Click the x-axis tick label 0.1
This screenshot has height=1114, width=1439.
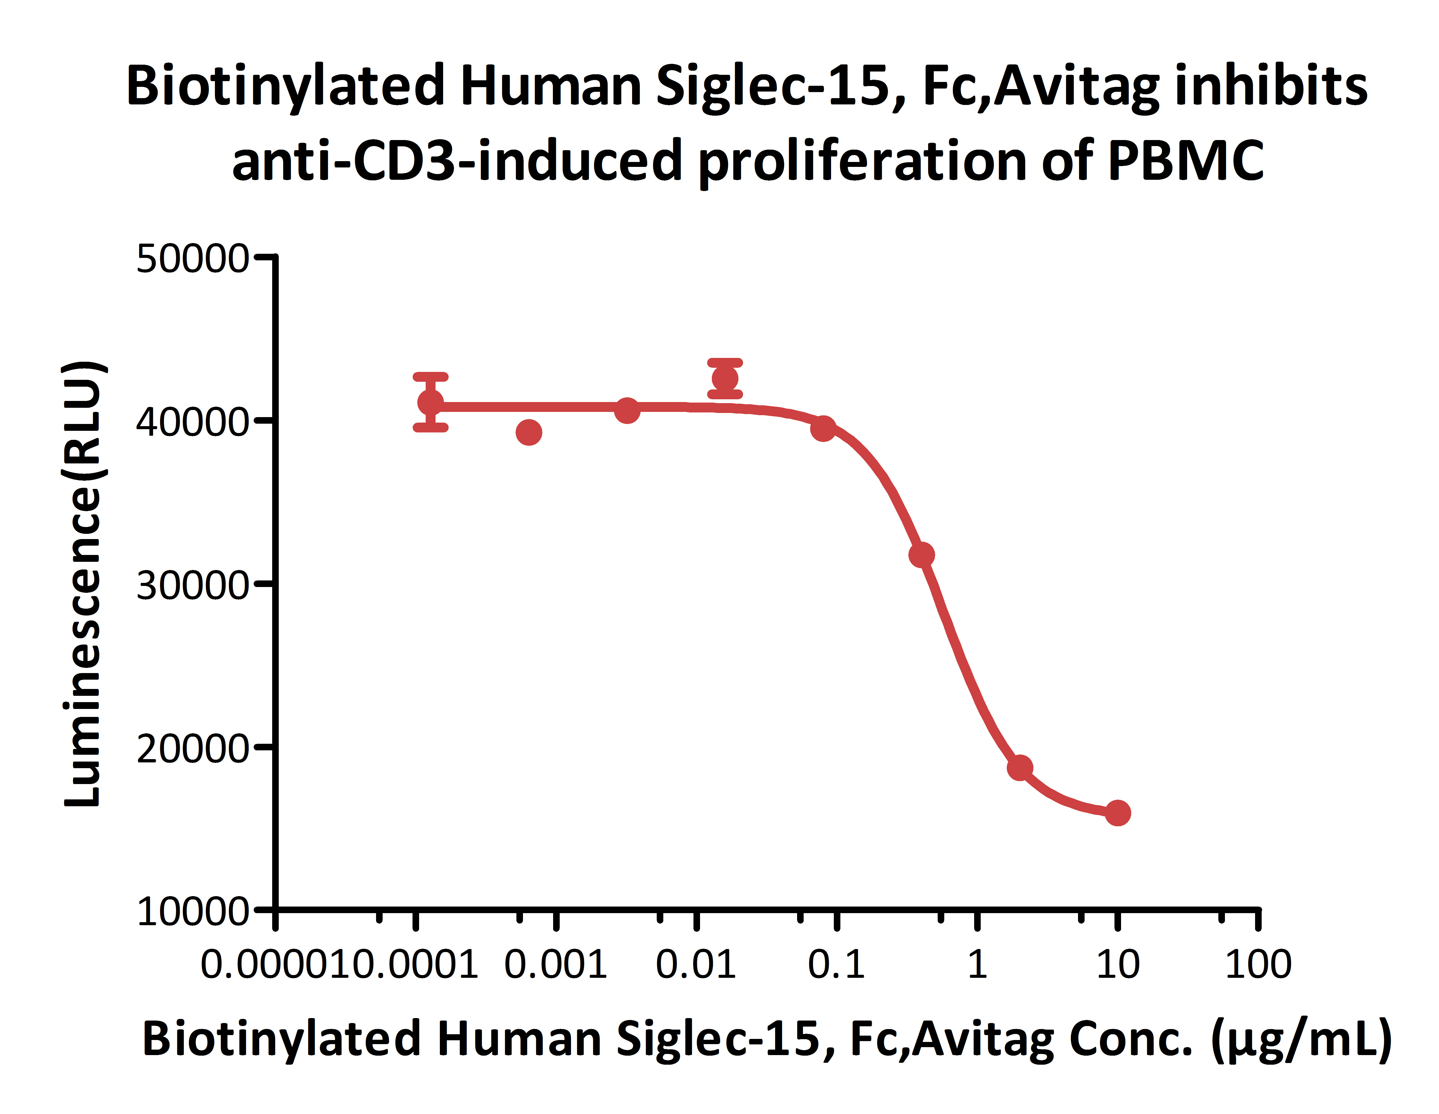(836, 965)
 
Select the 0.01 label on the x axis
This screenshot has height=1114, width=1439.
(695, 965)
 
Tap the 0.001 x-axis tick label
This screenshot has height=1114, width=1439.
(555, 965)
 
